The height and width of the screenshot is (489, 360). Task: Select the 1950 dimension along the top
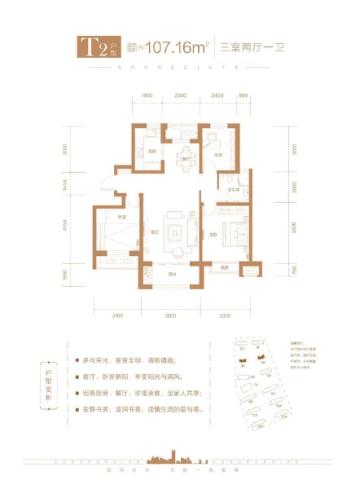[147, 96]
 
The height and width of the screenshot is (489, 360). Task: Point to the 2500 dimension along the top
[181, 96]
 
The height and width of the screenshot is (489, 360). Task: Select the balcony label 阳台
[172, 274]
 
